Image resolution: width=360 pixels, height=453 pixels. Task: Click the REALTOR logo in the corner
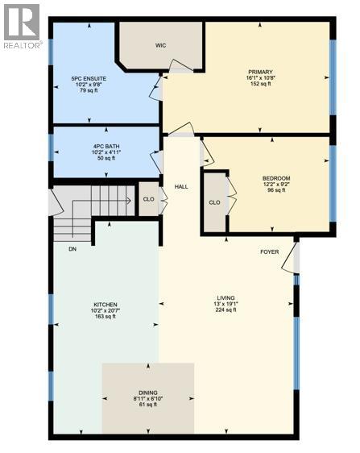21,26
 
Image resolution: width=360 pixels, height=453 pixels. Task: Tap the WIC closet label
160,46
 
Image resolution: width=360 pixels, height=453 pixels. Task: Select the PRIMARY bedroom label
260,73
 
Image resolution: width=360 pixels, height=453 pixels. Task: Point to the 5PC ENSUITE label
89,79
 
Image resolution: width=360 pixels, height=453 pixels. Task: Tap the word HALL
182,186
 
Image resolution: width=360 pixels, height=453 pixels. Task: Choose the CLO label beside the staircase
148,199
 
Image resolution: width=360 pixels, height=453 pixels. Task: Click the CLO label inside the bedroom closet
214,203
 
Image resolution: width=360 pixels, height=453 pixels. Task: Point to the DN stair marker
72,248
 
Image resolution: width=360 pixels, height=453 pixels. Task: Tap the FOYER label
269,251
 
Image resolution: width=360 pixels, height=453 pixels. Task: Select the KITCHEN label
105,303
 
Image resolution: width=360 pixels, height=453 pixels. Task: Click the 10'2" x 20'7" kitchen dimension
105,310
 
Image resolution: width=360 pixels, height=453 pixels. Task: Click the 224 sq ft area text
226,310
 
